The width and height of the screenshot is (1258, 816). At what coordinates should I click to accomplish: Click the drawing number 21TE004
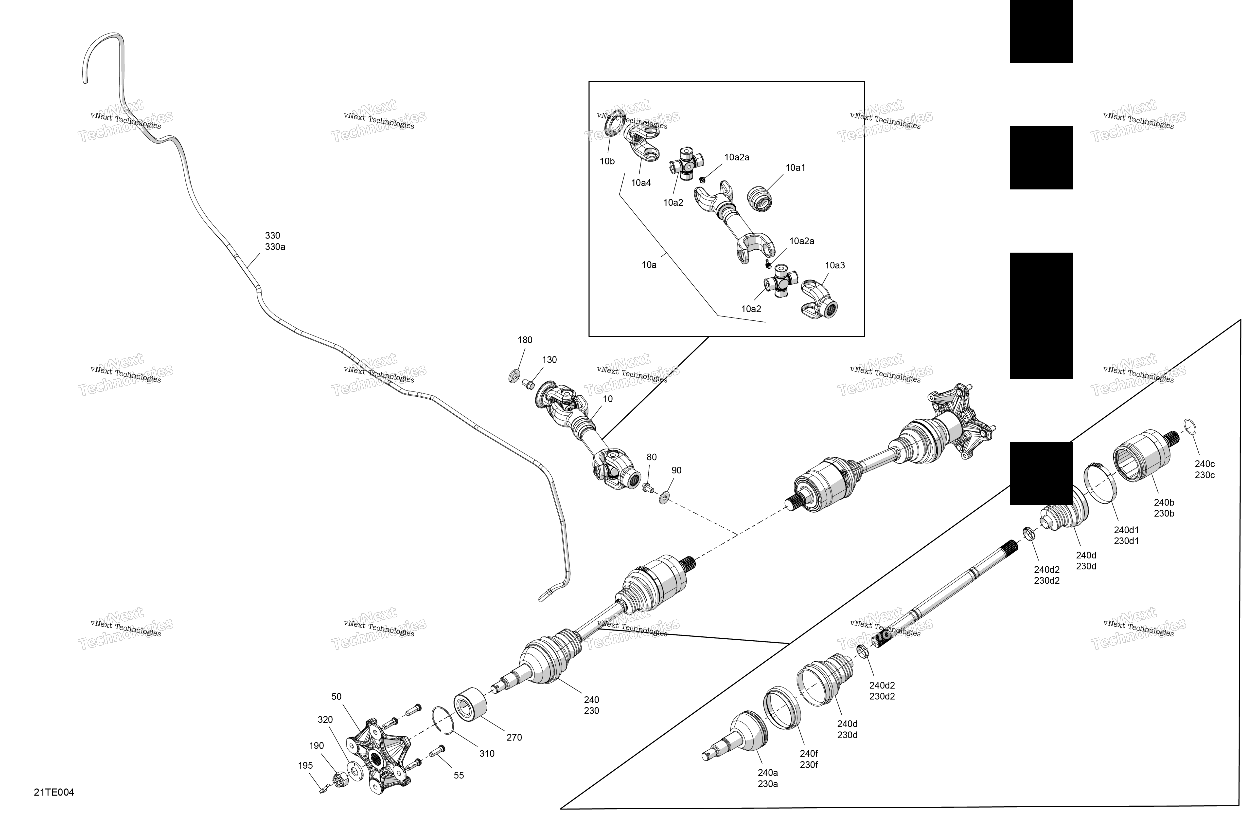coord(54,792)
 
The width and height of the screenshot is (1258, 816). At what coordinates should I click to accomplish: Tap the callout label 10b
coord(607,161)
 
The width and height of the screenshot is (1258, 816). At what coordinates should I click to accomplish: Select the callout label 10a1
coord(796,168)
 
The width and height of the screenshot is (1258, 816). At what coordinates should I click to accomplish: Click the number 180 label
coord(525,340)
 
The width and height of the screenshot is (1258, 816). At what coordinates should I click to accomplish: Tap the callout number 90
coord(676,470)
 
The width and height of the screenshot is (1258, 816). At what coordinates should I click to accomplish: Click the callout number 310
coord(487,754)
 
